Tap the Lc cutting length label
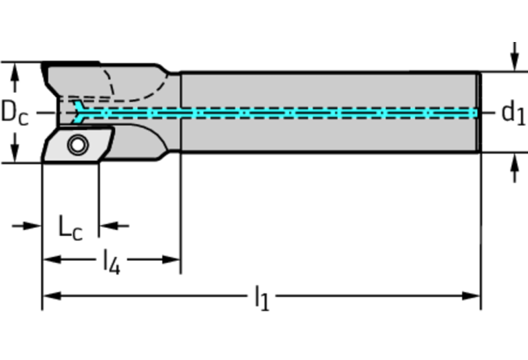[x=69, y=228]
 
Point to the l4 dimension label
[x=111, y=262]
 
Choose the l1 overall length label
[x=262, y=298]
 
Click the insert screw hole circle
[x=76, y=145]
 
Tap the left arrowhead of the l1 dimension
[x=50, y=296]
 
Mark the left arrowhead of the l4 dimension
[x=50, y=260]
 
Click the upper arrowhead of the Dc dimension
[x=14, y=70]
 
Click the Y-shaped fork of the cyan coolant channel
[x=82, y=112]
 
